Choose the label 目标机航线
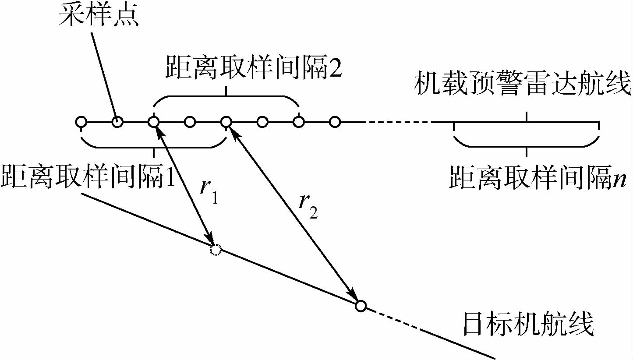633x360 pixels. [528, 325]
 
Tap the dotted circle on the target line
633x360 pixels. [215, 250]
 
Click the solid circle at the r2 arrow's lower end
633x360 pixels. [360, 306]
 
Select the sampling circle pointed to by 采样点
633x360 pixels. [117, 122]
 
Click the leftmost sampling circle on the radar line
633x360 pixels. [81, 122]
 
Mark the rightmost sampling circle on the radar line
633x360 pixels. [335, 122]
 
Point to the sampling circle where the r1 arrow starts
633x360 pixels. [153, 122]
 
